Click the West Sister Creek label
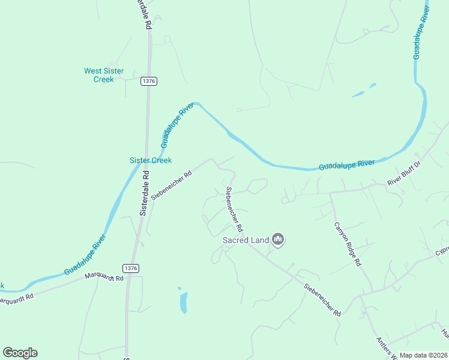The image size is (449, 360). pos(104,75)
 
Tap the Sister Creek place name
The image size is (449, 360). pos(151,160)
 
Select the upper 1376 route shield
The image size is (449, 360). pos(149,81)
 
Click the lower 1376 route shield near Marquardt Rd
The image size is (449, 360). pos(131,268)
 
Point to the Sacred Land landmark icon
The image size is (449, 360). pos(277,240)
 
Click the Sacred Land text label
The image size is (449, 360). pos(246,240)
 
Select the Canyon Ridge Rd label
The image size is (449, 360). pos(347,244)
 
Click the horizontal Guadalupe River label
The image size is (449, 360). pos(346,164)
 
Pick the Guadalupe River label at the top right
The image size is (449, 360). pos(421,33)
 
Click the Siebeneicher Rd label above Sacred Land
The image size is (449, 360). pos(234,209)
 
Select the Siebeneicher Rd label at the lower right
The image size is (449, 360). pos(322,300)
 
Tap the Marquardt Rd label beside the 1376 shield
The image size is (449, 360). pos(104,277)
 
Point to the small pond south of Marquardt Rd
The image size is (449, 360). pos(183,302)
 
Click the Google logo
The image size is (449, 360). pos(20,353)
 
